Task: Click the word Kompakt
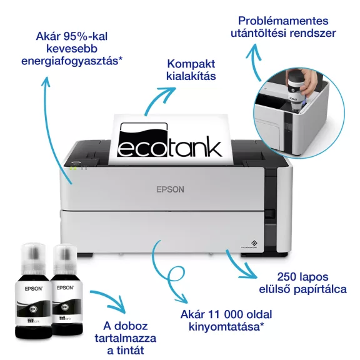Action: click(x=191, y=64)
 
